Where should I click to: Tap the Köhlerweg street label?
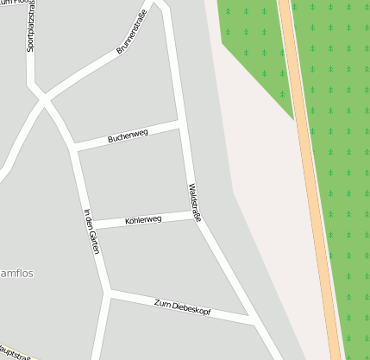coord(143,220)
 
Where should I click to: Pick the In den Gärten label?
coord(92,231)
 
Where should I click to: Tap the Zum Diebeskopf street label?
coord(182,306)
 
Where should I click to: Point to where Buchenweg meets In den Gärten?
coord(76,148)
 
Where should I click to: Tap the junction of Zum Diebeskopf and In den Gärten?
coord(108,294)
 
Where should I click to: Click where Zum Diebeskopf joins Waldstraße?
coord(253,320)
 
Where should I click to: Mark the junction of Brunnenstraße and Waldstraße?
coord(161,6)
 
